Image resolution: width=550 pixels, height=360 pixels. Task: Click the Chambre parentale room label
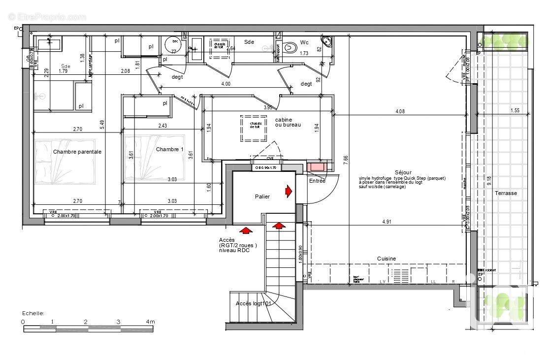(77, 152)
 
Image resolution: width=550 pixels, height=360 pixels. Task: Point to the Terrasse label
(506, 193)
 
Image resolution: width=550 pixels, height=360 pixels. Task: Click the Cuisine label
(386, 259)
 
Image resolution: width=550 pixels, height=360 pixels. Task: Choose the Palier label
(262, 196)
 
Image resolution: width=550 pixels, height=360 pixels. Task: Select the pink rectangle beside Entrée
(316, 167)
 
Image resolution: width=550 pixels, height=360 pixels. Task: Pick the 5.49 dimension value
(102, 126)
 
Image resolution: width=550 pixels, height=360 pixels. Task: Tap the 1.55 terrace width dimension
(515, 110)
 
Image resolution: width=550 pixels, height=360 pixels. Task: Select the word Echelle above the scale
(33, 313)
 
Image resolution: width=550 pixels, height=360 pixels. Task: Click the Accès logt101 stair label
(253, 303)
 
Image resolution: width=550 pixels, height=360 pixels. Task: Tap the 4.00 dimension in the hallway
(226, 84)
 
